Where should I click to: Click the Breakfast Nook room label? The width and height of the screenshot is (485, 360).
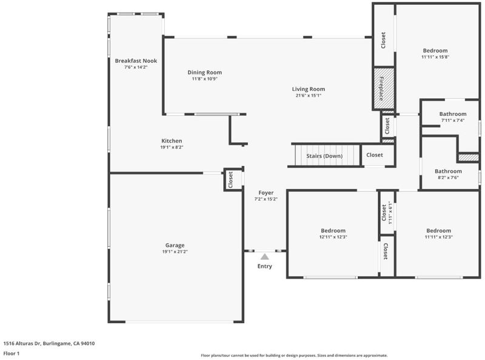tap(136, 61)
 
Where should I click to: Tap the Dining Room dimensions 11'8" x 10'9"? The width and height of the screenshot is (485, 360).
tap(204, 79)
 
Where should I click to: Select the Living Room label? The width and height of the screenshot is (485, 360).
tap(309, 89)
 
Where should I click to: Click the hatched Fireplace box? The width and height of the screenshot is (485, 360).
tap(384, 88)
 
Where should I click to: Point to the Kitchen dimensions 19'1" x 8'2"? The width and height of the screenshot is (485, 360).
tap(172, 147)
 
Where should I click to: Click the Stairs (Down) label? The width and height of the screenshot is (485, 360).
tap(324, 156)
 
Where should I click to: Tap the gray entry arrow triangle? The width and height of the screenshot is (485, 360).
tap(264, 256)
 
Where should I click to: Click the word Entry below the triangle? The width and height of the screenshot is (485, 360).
tap(265, 266)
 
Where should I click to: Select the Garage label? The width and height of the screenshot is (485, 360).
tap(175, 245)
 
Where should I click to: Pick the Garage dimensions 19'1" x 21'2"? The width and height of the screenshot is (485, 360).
tap(175, 252)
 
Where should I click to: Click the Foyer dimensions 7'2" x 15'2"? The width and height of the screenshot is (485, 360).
tap(266, 199)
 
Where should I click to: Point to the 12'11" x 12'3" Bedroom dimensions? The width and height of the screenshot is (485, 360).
tap(333, 237)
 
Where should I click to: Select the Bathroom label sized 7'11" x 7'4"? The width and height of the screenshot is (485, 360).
tap(453, 114)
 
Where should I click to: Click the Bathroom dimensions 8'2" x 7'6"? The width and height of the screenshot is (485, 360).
tap(448, 178)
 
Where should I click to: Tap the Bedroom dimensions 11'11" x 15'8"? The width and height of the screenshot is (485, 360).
tap(435, 57)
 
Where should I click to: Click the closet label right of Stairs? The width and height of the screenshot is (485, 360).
tap(375, 155)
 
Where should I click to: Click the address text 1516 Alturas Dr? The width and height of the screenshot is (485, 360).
tap(22, 343)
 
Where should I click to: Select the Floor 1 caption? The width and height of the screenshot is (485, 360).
tap(12, 353)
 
